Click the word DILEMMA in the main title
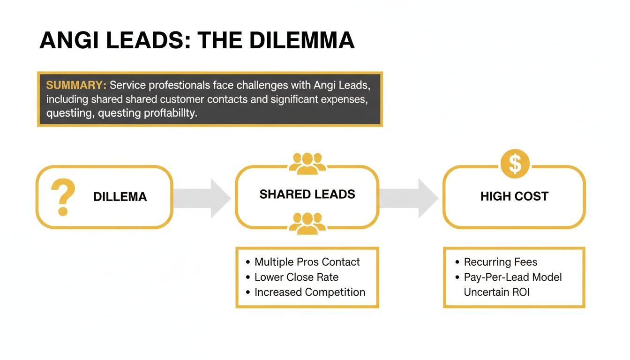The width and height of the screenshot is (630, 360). pos(301,41)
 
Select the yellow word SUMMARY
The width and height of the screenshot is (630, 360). pos(76,85)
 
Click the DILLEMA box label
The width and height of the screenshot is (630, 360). pos(120,197)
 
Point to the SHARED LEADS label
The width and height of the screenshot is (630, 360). pos(307,195)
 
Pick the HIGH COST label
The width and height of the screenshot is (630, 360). pos(514,196)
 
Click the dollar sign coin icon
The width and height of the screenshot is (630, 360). pos(515,164)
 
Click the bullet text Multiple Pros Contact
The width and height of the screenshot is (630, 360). pos(307,262)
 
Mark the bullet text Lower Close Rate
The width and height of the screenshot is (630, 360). pos(296,277)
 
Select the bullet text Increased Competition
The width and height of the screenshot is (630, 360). pos(309,292)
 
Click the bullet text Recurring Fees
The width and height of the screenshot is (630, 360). pos(500,262)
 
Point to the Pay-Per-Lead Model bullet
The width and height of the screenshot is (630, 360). pos(512,277)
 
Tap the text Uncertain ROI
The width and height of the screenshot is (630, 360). pos(496,292)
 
